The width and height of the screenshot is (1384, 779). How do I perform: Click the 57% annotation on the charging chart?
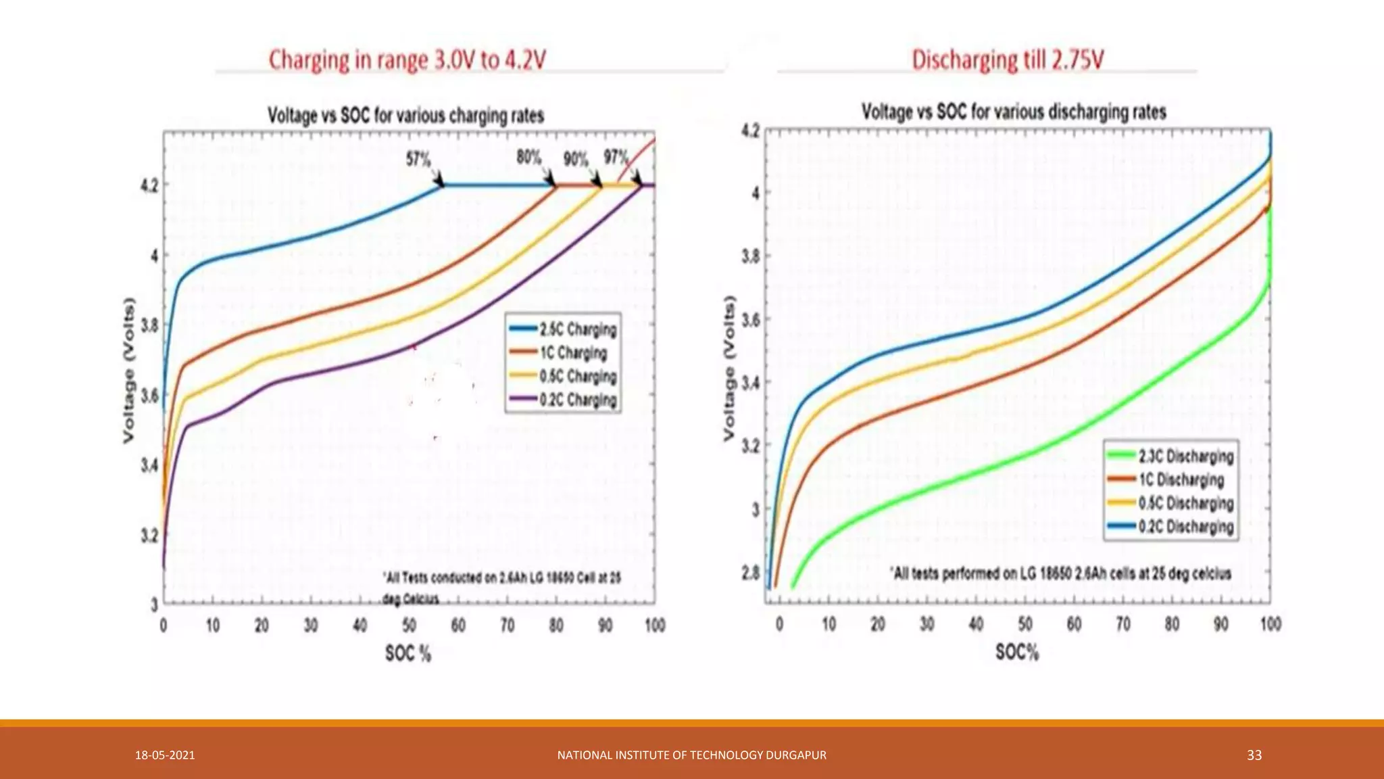coord(418,160)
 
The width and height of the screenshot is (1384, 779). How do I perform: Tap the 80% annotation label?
coord(528,158)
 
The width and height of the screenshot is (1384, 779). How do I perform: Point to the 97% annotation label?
coord(616,158)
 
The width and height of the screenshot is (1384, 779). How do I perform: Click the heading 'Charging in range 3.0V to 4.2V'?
coord(407,60)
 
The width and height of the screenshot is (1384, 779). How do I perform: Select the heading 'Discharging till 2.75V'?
coord(1008,60)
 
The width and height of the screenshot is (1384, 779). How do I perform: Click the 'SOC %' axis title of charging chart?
coord(407,653)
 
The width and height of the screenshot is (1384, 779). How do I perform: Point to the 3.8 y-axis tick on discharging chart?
coord(751,256)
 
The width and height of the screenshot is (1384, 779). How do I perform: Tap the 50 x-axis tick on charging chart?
coord(410,625)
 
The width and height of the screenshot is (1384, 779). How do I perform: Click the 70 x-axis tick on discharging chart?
coord(1123,623)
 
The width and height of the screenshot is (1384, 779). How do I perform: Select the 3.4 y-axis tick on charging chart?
coord(150,465)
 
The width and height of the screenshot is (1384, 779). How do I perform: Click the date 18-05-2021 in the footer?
coord(165,755)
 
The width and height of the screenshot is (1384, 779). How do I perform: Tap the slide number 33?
coord(1254,755)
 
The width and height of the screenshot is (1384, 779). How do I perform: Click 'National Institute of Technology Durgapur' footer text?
coord(691,755)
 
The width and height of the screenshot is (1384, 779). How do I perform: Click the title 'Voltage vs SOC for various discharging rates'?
coord(1014,112)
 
